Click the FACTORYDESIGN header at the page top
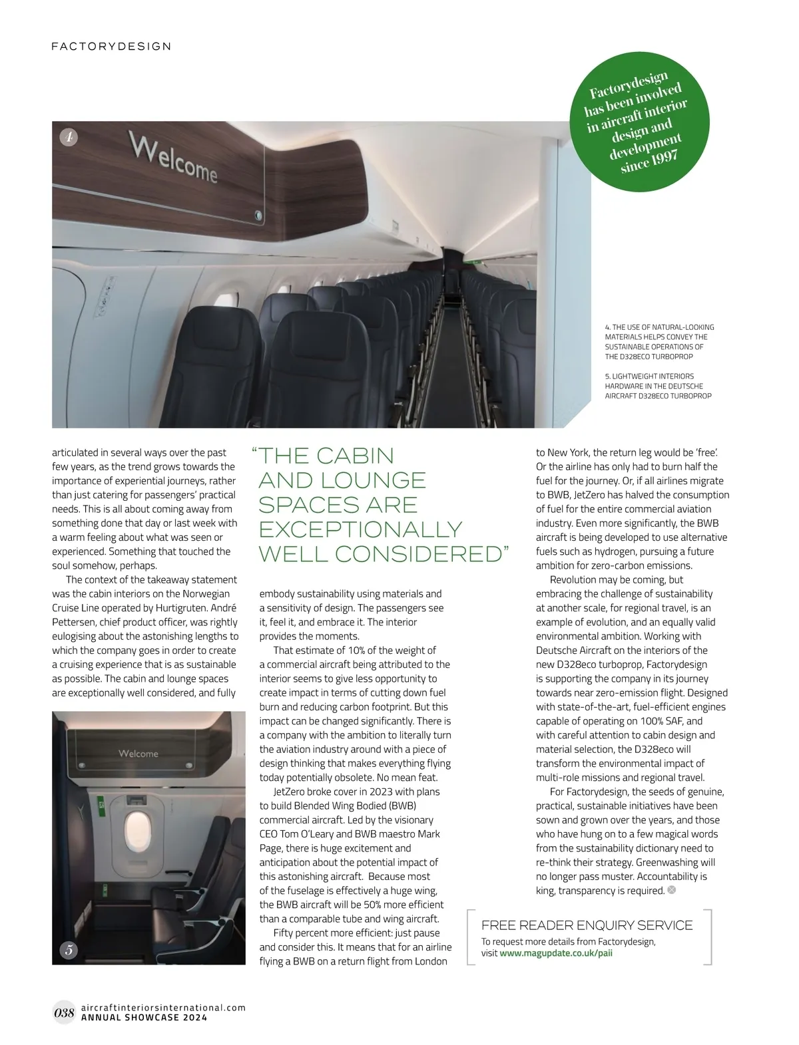111,47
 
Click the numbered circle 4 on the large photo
69,137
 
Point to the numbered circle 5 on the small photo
69,950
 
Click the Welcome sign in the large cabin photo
173,158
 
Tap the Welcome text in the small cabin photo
138,754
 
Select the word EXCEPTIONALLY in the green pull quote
360,529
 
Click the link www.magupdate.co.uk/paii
556,953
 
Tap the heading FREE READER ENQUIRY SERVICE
587,925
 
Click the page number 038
64,1013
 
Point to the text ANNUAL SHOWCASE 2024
143,1018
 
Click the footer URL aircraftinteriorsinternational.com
162,1007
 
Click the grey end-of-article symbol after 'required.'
671,890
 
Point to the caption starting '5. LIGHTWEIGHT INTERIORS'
658,386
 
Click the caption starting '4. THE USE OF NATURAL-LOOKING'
659,342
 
